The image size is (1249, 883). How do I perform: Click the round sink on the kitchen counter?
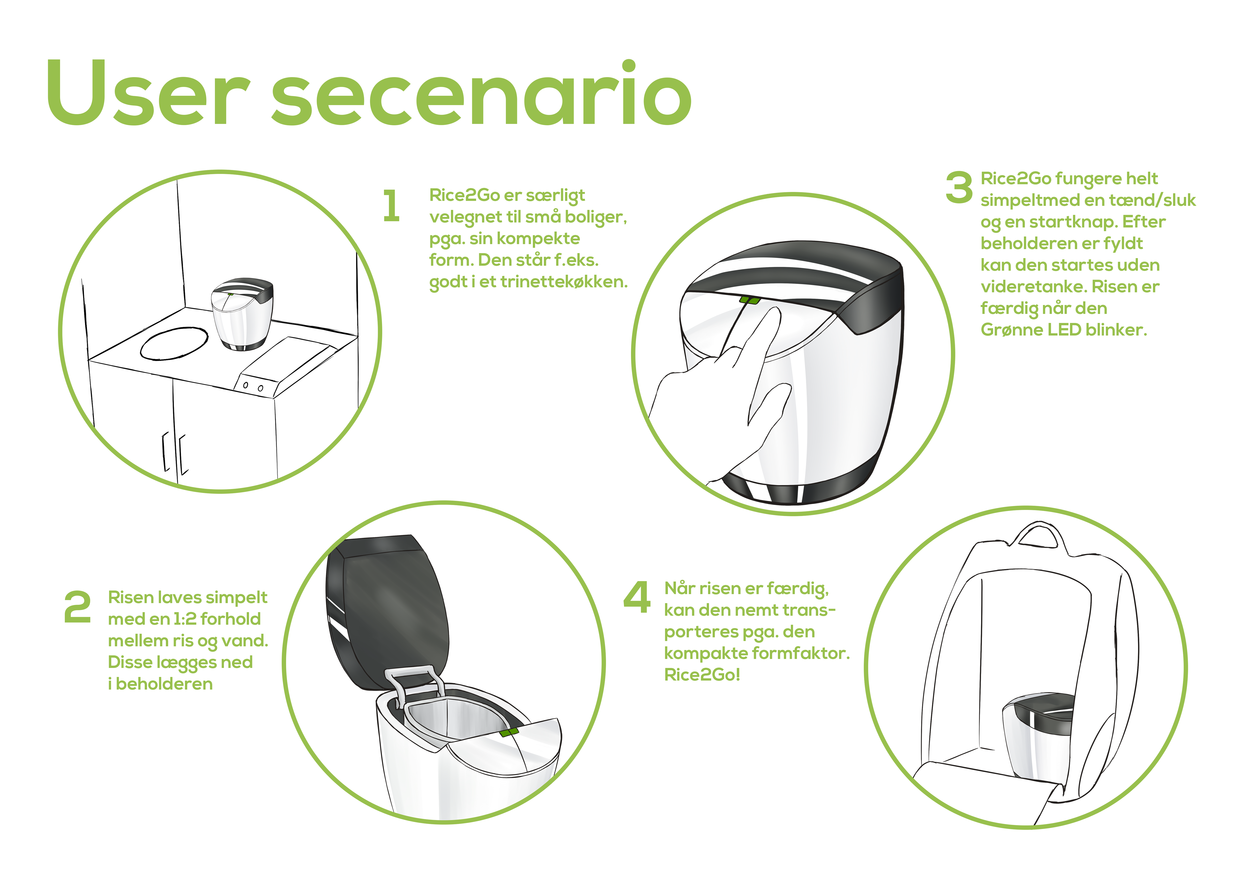coord(174,343)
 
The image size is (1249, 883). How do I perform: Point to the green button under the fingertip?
coord(750,300)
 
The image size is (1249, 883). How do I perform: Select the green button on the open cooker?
coord(509,732)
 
